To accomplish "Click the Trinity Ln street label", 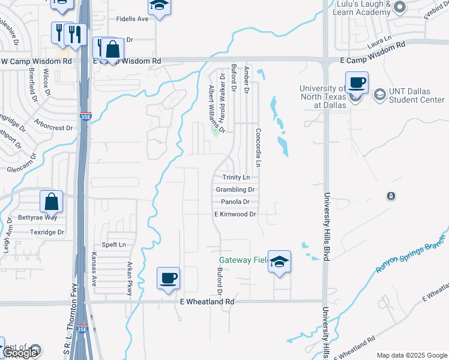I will click(236, 178).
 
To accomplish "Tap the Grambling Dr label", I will click(235, 190).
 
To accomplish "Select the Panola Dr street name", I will click(235, 202).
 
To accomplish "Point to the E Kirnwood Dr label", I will click(235, 214).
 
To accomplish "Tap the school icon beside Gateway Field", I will click(279, 262).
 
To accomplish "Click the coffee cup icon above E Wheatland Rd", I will click(168, 278).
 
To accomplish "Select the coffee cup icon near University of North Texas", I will click(357, 82).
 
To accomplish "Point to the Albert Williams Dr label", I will click(215, 109).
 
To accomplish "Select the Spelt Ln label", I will click(114, 244).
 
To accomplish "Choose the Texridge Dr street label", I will click(47, 232).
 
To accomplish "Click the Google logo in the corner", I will click(21, 353).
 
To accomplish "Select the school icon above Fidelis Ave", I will click(159, 6).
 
